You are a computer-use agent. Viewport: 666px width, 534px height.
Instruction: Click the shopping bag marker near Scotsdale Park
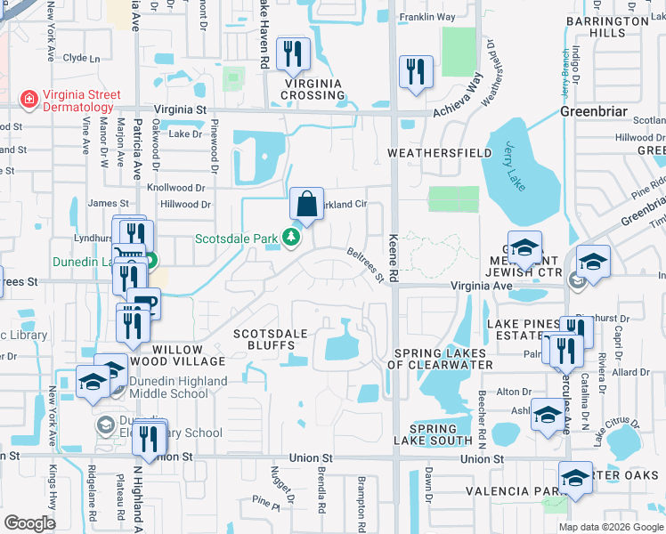305,204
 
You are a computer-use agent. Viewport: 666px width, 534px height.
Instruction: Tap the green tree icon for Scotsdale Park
290,238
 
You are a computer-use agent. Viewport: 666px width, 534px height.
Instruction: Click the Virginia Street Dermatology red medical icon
28,97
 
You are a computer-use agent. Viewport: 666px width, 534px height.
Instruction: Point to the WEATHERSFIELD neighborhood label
440,153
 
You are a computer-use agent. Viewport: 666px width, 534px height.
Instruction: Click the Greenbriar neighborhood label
594,112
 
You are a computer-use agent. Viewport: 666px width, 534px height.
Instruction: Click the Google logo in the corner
29,522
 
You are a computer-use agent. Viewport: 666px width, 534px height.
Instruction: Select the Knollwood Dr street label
175,189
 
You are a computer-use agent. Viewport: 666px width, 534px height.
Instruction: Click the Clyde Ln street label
81,58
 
